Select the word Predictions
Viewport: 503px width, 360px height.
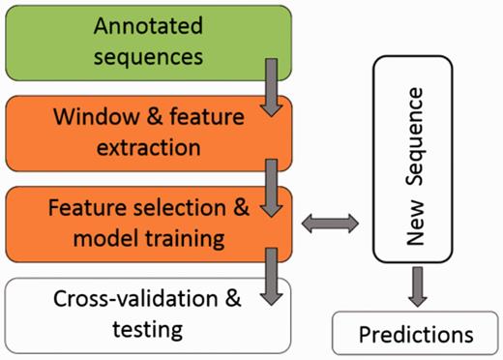pyautogui.click(x=416, y=335)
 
